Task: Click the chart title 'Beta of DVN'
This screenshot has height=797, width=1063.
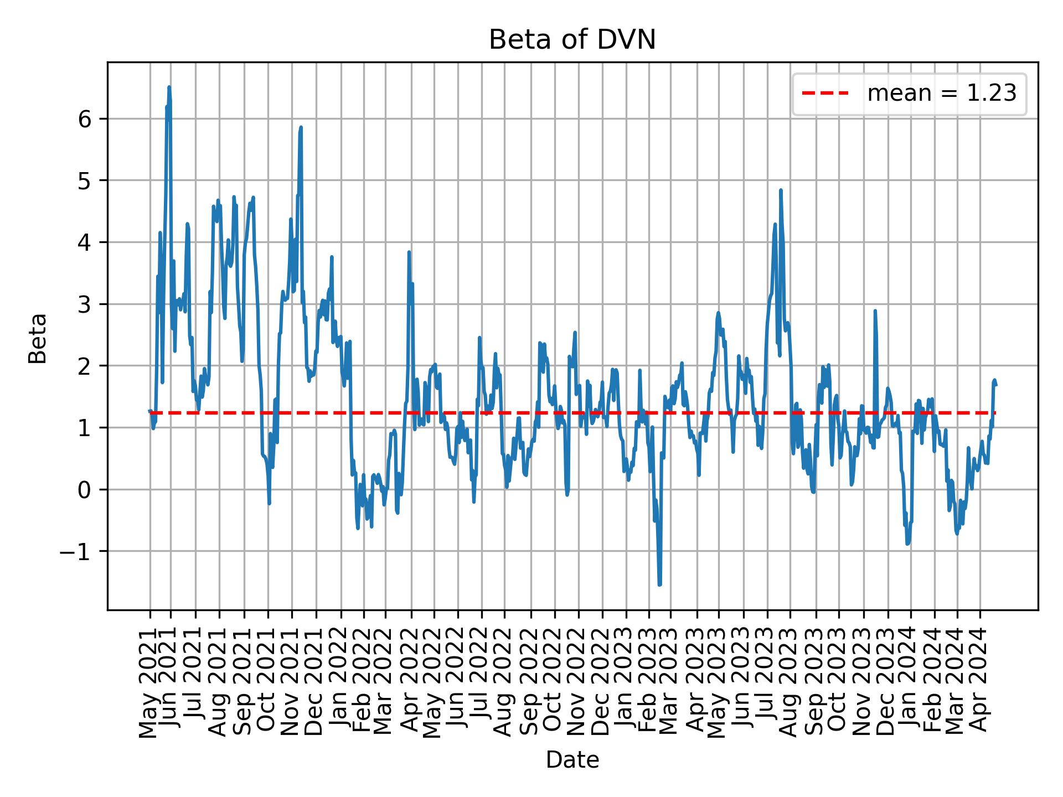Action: [x=572, y=40]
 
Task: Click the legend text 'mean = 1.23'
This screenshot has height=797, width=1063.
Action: [x=942, y=94]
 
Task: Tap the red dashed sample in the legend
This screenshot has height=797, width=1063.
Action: [x=825, y=94]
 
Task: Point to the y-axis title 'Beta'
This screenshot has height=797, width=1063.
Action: [x=38, y=338]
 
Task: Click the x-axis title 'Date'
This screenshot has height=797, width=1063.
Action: [x=572, y=760]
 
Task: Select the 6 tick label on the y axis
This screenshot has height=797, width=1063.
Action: [x=85, y=119]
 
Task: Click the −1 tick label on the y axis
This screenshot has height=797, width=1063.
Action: [x=75, y=551]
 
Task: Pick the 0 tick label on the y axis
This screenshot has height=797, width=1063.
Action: [x=85, y=490]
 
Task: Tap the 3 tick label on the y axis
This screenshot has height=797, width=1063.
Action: [x=85, y=304]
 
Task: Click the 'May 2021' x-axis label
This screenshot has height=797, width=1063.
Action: [x=149, y=686]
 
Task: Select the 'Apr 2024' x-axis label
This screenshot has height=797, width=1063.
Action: [x=980, y=686]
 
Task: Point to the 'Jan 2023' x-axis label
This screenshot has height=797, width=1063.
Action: [x=626, y=686]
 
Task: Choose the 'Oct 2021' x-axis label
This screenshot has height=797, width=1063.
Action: [x=268, y=686]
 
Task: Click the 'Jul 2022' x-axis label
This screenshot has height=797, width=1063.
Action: [x=481, y=686]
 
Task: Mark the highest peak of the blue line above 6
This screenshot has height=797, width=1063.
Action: [x=169, y=87]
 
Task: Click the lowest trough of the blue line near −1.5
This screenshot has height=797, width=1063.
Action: [x=659, y=584]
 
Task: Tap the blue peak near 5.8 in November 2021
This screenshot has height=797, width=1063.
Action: [x=301, y=127]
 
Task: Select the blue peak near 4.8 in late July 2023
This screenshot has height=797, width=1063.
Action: [x=781, y=190]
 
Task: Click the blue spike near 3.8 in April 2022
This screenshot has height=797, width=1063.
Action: [x=409, y=252]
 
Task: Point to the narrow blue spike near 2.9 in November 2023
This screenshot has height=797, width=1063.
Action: [x=875, y=311]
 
